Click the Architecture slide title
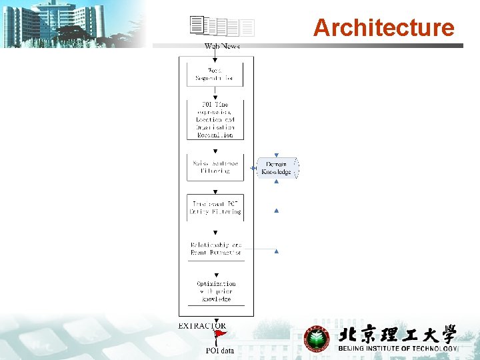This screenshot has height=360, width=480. (x=383, y=28)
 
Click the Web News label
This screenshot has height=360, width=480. (x=222, y=47)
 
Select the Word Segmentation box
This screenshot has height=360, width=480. (x=215, y=74)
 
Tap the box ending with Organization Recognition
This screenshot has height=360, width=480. (x=215, y=119)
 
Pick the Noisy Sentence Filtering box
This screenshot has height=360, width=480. (x=215, y=167)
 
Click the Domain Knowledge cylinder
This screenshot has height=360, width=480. (x=276, y=168)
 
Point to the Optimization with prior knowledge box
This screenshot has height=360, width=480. (x=215, y=291)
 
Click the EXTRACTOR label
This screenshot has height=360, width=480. (x=202, y=326)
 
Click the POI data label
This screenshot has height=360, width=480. (x=220, y=351)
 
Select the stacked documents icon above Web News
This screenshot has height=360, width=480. (x=222, y=26)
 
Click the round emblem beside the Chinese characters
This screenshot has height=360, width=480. (x=317, y=339)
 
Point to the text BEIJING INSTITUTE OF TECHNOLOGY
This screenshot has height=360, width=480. (x=398, y=349)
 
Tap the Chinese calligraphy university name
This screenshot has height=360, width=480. (x=397, y=334)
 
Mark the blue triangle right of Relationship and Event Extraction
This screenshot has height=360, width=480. (x=276, y=251)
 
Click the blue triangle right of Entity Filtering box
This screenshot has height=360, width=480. (x=276, y=211)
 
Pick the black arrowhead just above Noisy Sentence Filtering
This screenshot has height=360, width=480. (x=215, y=151)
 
